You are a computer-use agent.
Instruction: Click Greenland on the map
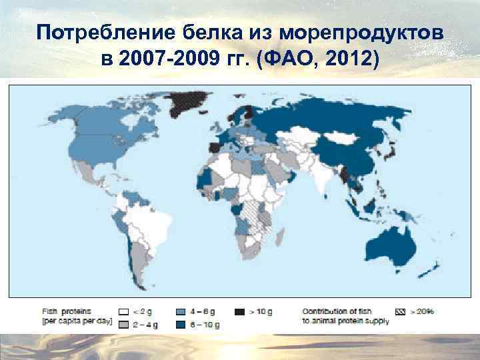point(183,103)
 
